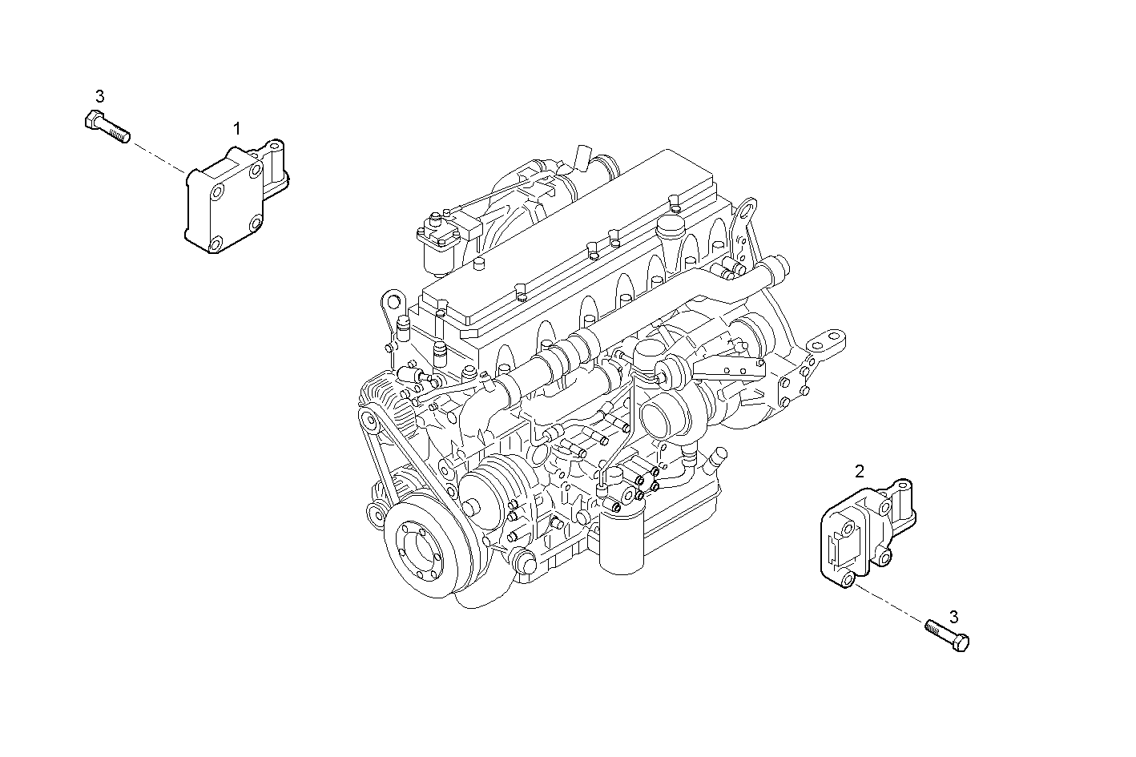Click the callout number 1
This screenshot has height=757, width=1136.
tap(236, 128)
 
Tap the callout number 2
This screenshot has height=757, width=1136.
tap(860, 471)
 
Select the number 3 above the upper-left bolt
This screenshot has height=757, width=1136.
tap(99, 96)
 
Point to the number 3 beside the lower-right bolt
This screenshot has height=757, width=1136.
tap(953, 617)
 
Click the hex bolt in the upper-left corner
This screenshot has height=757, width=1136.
tap(107, 127)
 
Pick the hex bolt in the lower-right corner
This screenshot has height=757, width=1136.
tap(948, 634)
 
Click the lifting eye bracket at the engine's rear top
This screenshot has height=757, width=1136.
tap(745, 216)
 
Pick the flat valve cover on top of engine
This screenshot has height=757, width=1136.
tap(577, 240)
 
